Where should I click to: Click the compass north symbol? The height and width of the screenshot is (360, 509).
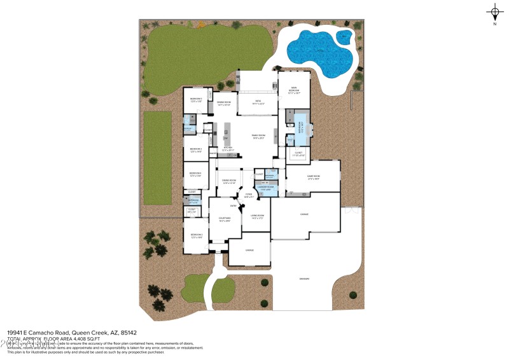click(494, 11)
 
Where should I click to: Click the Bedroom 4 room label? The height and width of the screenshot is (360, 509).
click(195, 174)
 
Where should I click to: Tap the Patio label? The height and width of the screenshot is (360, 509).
click(258, 101)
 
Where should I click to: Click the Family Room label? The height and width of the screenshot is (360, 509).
click(258, 135)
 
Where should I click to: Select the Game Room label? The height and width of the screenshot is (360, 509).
click(313, 177)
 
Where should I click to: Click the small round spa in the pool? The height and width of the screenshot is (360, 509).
click(344, 36)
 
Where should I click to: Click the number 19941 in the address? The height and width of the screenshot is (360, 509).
click(17, 333)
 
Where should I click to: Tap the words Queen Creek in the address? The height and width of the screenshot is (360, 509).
click(90, 333)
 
